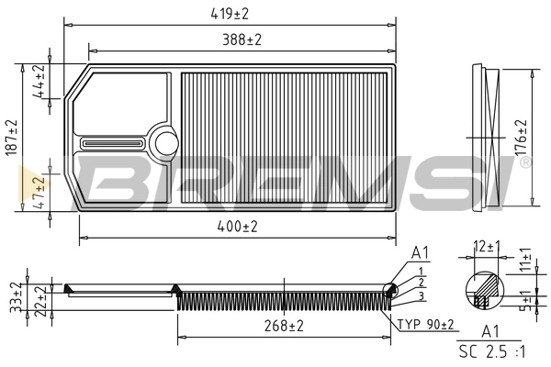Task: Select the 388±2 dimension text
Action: click(x=242, y=40)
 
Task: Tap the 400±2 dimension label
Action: click(x=237, y=226)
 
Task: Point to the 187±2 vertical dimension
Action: click(x=12, y=138)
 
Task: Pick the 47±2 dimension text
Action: click(x=39, y=193)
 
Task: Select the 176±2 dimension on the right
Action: click(x=521, y=136)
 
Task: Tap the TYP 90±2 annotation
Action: click(x=427, y=324)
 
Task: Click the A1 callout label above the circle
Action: click(x=421, y=252)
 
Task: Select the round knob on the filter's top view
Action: click(x=166, y=141)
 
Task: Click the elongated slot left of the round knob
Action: click(x=112, y=142)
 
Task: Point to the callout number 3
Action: click(x=419, y=295)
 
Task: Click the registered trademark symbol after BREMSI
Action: click(x=524, y=162)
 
